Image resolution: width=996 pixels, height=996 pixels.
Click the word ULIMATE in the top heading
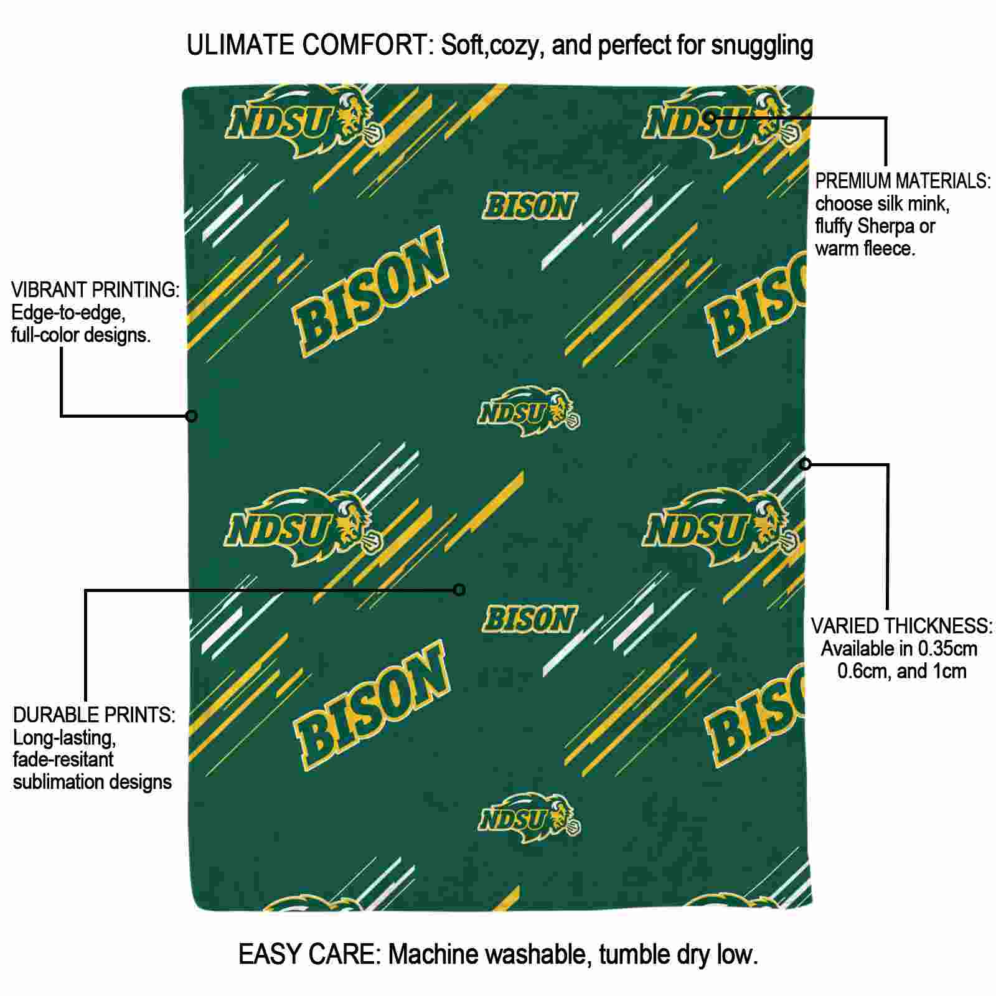[x=240, y=45]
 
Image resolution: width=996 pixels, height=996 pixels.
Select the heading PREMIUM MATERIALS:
[x=903, y=181]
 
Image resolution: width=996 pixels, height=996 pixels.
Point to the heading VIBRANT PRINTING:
[x=95, y=290]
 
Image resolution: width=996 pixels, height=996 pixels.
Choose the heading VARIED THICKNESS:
[x=901, y=626]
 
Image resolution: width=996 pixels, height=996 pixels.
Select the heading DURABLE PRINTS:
[x=94, y=715]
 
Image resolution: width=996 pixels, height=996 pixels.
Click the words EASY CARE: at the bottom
[x=309, y=954]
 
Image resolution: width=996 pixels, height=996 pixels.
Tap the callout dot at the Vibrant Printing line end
[x=192, y=416]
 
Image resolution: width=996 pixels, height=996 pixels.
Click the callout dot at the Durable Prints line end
[x=459, y=590]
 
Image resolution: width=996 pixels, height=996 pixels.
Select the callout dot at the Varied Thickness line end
[x=806, y=464]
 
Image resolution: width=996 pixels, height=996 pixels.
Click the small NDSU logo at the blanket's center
[x=529, y=411]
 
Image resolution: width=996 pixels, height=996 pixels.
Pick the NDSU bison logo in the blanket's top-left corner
[x=304, y=121]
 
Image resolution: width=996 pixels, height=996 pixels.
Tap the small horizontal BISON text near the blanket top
[x=530, y=207]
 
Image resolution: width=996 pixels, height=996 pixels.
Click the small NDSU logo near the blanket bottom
[x=529, y=817]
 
